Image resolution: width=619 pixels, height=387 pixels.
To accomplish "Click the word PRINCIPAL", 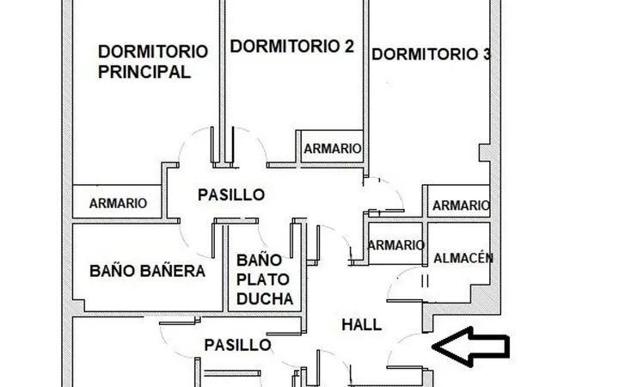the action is [x=144, y=72].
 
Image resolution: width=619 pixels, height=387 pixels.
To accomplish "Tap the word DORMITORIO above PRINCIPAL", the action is [x=153, y=52].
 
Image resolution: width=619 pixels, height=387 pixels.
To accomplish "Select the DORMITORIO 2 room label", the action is [x=291, y=46].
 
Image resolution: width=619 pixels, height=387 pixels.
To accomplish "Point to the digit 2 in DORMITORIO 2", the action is [x=348, y=46].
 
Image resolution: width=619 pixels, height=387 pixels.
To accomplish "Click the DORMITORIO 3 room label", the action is [x=431, y=54].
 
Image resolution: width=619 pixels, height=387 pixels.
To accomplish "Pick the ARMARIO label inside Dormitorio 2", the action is [x=333, y=149].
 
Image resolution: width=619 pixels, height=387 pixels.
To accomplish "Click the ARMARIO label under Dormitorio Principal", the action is [x=118, y=203].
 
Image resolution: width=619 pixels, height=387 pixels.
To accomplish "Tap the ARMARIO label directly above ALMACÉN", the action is [x=461, y=206].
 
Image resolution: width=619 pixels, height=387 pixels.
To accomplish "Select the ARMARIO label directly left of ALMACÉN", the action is [x=396, y=245].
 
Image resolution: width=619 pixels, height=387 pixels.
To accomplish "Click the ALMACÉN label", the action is [x=463, y=258].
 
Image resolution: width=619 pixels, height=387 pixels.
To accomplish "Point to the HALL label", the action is [x=362, y=325].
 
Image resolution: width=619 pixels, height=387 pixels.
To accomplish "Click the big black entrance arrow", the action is [x=470, y=347].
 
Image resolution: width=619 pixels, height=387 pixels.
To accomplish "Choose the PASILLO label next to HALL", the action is [x=237, y=345].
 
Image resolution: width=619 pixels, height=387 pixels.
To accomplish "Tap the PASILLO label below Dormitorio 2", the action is [x=231, y=194].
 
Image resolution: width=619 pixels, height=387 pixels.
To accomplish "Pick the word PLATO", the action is [x=263, y=279].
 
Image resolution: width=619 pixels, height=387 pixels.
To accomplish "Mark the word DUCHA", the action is [x=265, y=299].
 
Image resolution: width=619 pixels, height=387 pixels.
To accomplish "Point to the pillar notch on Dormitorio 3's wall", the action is [x=484, y=152].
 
